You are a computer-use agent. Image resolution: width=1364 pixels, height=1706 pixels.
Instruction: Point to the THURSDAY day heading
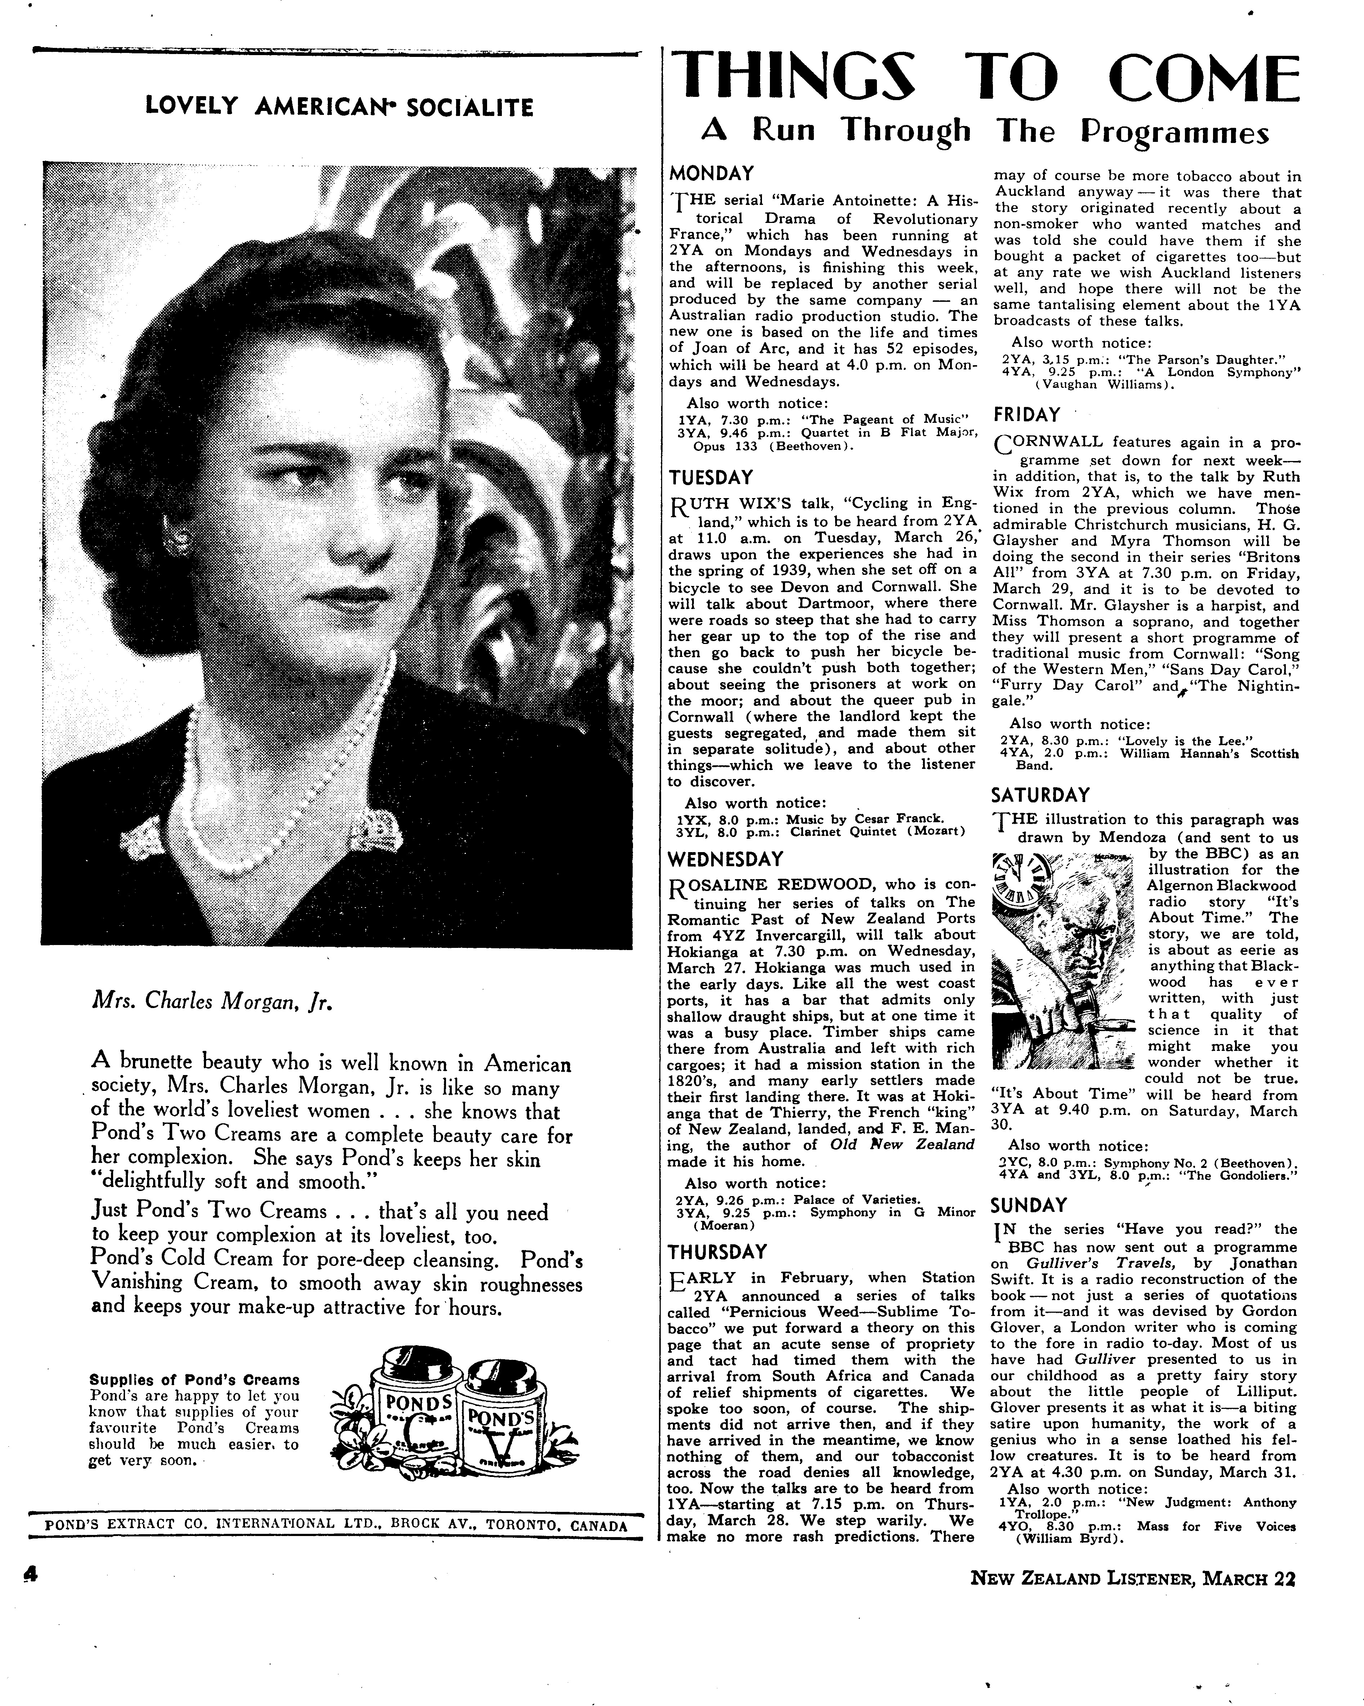[x=717, y=1252]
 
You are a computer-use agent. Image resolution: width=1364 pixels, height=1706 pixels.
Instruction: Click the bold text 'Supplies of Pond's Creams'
[x=194, y=1380]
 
